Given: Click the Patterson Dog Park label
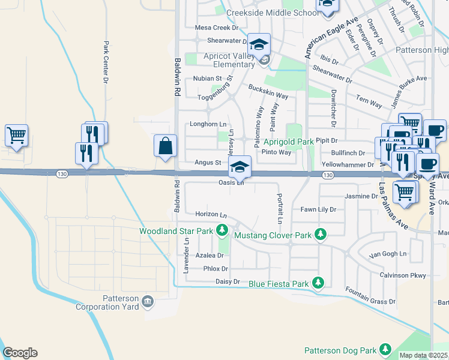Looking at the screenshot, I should pyautogui.click(x=340, y=350).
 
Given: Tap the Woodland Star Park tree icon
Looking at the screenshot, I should pyautogui.click(x=222, y=230).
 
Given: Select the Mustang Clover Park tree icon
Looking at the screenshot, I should pyautogui.click(x=321, y=235).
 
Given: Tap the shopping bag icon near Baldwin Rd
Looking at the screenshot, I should pyautogui.click(x=165, y=146).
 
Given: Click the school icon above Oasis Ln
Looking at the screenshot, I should pyautogui.click(x=240, y=167).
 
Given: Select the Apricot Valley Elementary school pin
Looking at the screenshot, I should pyautogui.click(x=259, y=45).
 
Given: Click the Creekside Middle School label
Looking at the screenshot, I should pyautogui.click(x=273, y=13).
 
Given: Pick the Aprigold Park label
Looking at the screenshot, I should pyautogui.click(x=288, y=142).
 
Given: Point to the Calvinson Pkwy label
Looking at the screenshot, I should pyautogui.click(x=402, y=275).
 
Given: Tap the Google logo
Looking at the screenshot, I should pyautogui.click(x=20, y=353).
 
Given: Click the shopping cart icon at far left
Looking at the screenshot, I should pyautogui.click(x=16, y=135).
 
